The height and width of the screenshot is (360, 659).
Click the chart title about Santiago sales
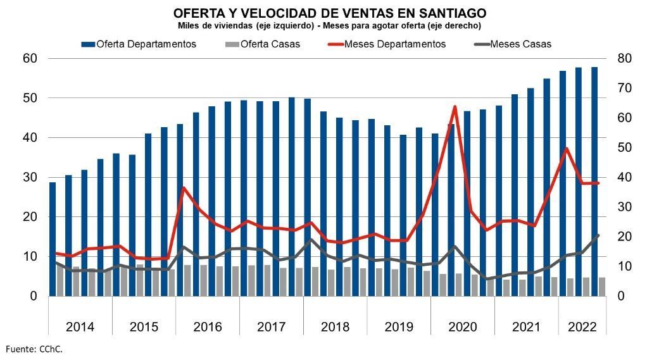tap(329, 13)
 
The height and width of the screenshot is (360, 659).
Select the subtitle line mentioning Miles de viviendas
tap(329, 25)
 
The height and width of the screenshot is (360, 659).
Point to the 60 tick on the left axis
tap(30, 58)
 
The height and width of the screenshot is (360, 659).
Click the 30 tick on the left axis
tap(30, 177)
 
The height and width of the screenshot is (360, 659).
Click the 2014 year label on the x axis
tap(80, 327)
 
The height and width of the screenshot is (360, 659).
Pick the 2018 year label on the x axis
tap(335, 327)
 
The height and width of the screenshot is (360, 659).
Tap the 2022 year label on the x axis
tap(582, 327)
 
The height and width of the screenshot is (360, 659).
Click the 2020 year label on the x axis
tap(462, 327)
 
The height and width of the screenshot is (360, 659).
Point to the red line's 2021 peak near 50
tap(566, 148)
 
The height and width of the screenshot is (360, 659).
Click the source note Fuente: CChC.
tap(35, 349)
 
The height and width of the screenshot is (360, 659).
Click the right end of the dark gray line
tap(598, 235)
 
